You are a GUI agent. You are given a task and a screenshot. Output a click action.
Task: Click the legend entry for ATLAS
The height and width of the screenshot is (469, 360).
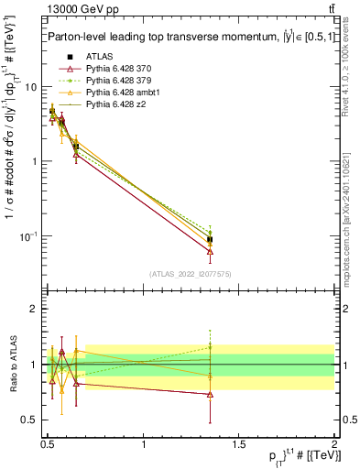(x=99, y=56)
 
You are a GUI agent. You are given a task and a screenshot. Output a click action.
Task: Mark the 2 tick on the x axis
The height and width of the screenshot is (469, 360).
(x=333, y=442)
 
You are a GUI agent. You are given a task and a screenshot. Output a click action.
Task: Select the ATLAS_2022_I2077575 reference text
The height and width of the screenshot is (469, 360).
(x=190, y=274)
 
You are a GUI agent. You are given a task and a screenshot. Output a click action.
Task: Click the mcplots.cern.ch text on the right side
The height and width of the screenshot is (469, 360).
(x=349, y=211)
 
